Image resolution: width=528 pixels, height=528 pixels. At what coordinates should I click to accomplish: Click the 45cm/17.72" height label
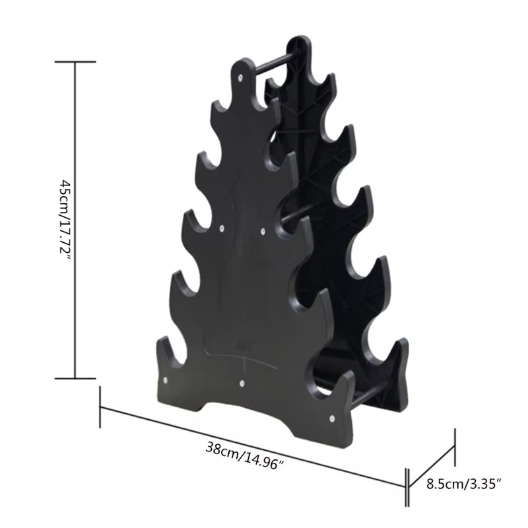(x=65, y=220)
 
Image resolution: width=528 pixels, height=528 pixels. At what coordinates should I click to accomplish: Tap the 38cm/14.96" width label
(x=244, y=456)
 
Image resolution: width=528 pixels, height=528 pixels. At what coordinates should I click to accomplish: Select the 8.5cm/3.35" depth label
(x=463, y=484)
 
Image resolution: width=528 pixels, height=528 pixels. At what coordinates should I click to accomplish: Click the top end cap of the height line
(x=75, y=61)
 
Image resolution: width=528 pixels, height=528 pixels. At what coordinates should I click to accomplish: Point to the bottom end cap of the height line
(x=75, y=379)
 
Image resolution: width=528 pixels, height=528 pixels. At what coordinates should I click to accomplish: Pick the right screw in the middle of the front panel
(x=263, y=232)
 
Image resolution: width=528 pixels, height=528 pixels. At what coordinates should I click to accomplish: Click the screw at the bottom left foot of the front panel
(x=164, y=381)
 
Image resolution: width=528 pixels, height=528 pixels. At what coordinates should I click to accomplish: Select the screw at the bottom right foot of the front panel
(x=332, y=418)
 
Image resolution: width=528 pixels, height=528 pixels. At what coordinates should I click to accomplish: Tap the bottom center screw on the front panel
(x=243, y=383)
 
